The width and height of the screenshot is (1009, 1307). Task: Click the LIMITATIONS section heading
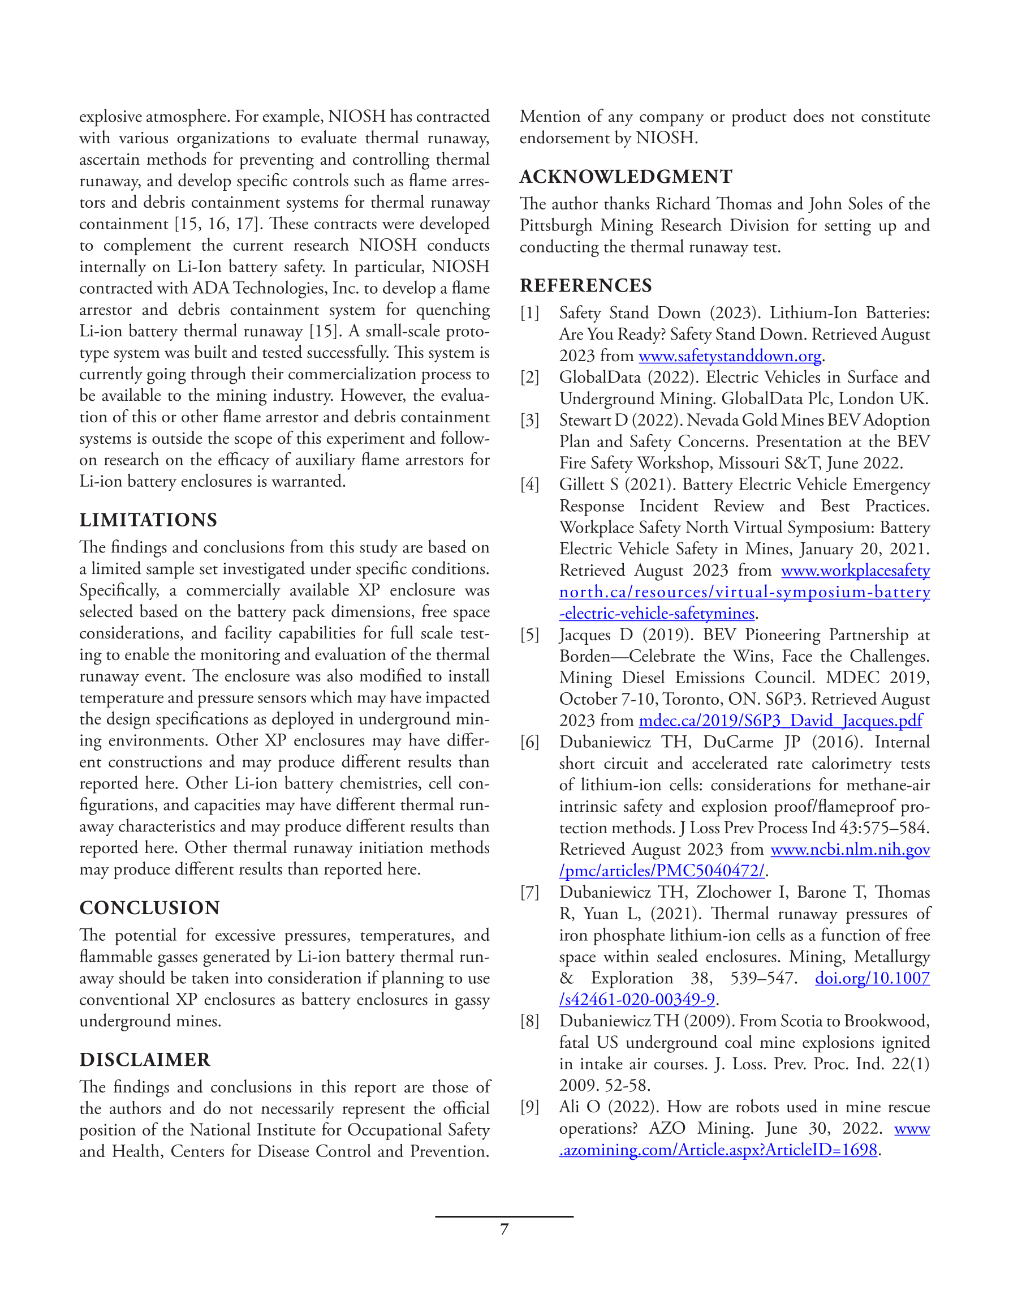tap(148, 520)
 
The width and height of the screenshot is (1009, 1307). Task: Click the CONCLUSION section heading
tap(149, 907)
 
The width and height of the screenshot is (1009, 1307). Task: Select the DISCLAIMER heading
tap(145, 1059)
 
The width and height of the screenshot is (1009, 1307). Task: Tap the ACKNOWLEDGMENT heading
tap(626, 177)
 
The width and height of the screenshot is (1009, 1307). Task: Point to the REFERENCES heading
tap(585, 285)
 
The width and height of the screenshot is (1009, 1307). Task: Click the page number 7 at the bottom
tap(504, 1229)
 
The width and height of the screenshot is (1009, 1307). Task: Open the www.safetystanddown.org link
tap(730, 356)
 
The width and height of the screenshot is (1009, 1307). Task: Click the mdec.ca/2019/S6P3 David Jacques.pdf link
tap(781, 721)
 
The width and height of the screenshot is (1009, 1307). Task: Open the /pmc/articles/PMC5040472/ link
tap(662, 871)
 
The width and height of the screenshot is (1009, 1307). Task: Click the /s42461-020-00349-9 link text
tap(637, 1000)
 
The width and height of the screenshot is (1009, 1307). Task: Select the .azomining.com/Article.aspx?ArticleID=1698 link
tap(718, 1150)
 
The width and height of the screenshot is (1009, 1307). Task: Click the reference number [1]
tap(529, 313)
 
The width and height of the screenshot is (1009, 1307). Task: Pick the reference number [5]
tap(529, 635)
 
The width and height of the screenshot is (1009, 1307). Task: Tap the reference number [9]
tap(529, 1107)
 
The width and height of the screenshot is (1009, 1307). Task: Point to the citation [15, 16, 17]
tap(216, 224)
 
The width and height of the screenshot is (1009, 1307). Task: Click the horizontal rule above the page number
tap(504, 1216)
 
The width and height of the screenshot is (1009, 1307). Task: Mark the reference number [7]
tap(529, 892)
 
